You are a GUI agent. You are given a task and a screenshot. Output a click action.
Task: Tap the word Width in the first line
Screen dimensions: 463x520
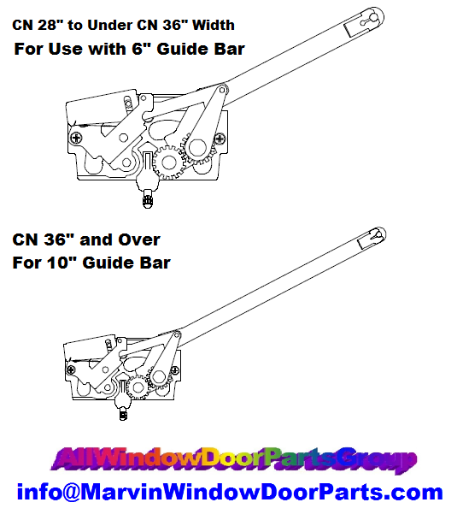click(214, 25)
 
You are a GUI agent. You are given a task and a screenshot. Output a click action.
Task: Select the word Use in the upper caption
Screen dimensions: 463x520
click(65, 49)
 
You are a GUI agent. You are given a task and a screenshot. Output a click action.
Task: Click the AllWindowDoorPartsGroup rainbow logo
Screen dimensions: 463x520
click(233, 460)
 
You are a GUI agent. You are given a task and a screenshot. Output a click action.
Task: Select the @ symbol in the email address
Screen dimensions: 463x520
click(71, 492)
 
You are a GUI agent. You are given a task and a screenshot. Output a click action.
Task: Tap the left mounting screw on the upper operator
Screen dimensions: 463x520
click(77, 138)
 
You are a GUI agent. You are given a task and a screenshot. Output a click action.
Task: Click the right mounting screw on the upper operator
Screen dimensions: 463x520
click(220, 139)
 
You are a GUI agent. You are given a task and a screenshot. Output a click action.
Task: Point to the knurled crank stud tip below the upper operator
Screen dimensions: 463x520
click(148, 201)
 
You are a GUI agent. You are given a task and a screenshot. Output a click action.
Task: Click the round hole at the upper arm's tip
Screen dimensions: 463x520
click(373, 18)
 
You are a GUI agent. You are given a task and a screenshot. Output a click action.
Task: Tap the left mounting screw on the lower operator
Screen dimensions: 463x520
click(71, 369)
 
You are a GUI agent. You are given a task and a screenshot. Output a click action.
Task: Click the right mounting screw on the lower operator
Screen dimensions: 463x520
click(174, 370)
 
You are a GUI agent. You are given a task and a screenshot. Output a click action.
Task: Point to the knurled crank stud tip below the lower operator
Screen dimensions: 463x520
click(123, 415)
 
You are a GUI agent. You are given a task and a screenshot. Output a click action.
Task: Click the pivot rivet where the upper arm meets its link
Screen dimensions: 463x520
click(222, 90)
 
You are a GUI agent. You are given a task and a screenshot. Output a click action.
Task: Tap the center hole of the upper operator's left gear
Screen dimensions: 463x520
click(168, 162)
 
